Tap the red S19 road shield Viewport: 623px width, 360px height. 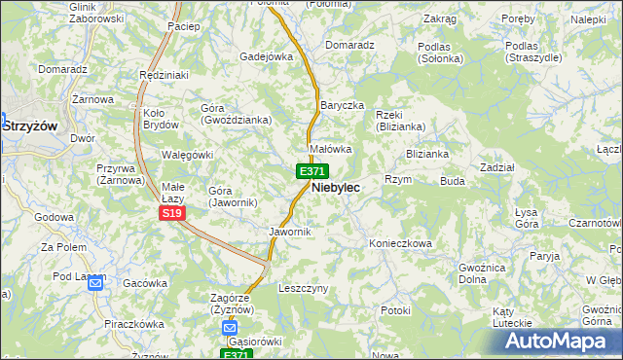tap(171, 212)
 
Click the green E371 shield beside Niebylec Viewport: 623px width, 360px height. tap(311, 171)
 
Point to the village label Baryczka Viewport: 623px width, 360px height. tap(342, 104)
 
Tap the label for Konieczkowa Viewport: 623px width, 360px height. tap(399, 243)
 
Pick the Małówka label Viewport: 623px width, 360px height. tap(330, 149)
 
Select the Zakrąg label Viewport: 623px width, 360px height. tap(440, 18)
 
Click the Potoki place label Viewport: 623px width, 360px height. tap(396, 310)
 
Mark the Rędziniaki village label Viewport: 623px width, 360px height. tap(164, 75)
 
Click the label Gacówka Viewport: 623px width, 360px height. tap(145, 283)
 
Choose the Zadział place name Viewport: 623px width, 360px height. tap(496, 167)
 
